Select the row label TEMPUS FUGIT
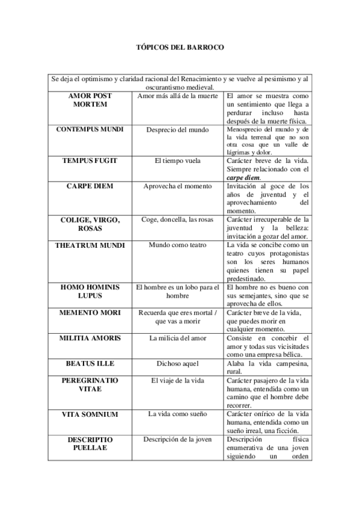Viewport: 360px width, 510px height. point(90,162)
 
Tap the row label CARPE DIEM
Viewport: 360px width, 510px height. point(90,186)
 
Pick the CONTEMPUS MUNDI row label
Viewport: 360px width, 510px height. point(90,129)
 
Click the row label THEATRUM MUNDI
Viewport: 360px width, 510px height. point(90,245)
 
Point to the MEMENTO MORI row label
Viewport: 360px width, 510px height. point(90,313)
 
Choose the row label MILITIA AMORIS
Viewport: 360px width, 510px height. point(90,338)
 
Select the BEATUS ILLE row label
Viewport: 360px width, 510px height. point(90,364)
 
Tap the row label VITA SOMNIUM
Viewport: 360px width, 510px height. point(90,414)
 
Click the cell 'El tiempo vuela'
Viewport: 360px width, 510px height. point(177,162)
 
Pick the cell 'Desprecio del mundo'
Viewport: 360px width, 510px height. point(177,129)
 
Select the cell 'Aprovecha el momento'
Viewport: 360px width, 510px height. point(177,186)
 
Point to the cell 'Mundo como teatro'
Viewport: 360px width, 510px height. point(177,245)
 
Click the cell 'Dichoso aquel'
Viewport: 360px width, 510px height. point(177,364)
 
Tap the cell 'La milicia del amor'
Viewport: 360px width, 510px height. point(177,338)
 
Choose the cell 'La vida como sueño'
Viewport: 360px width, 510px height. point(177,414)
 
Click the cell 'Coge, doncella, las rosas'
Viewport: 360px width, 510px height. point(177,220)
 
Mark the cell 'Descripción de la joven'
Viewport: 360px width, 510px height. point(177,439)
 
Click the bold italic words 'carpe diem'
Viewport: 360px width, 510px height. point(243,178)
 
